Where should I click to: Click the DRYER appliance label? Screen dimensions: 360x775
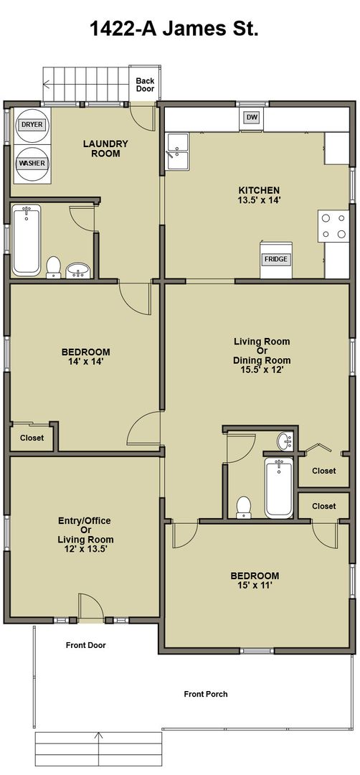(32, 125)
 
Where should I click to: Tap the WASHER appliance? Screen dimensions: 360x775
(32, 164)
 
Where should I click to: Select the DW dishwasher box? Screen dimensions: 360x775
(252, 118)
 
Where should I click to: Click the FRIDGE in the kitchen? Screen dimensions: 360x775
(275, 259)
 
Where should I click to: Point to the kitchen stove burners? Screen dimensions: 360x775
(333, 226)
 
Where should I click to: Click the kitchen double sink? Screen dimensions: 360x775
(177, 151)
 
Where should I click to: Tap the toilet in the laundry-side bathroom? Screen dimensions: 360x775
(53, 267)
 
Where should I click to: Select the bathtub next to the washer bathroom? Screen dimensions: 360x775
(27, 240)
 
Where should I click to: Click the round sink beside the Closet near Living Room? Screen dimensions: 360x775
(285, 441)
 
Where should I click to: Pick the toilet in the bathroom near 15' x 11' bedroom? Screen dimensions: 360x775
(243, 507)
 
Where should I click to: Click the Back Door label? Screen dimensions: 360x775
(145, 85)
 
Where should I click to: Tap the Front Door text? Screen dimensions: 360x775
(86, 645)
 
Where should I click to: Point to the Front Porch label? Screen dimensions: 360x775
(206, 694)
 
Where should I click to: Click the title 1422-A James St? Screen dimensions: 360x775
(174, 29)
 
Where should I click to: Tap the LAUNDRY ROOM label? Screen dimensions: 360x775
(105, 149)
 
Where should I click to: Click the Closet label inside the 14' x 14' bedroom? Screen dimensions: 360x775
(32, 438)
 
